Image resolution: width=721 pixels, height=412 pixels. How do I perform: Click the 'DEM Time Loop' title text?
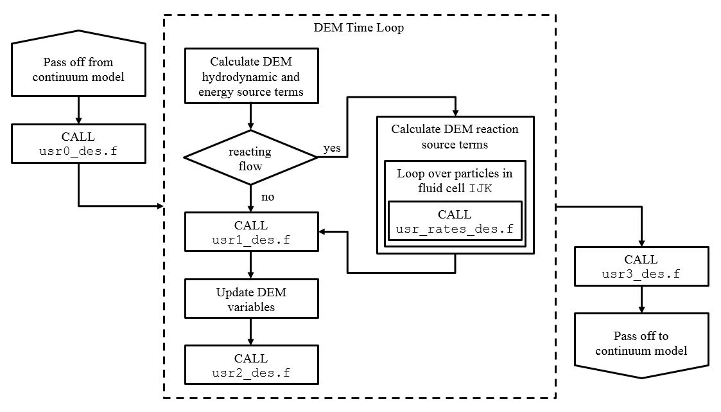(358, 28)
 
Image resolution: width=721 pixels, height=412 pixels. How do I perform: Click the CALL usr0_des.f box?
(78, 144)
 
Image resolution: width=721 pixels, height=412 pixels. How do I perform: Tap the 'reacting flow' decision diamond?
(250, 159)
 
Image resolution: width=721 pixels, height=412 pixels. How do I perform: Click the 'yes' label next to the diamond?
(332, 148)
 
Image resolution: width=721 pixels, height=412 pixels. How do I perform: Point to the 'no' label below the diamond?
(268, 197)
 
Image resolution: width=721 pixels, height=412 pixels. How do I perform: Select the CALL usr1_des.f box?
(250, 233)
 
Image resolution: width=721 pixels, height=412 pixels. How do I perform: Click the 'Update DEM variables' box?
(250, 300)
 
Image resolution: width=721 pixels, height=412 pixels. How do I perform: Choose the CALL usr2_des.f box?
(250, 365)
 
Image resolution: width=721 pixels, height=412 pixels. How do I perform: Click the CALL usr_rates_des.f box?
(455, 221)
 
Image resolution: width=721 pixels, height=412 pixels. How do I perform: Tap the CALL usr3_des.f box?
(641, 267)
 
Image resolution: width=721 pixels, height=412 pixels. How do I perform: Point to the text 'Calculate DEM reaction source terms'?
(455, 137)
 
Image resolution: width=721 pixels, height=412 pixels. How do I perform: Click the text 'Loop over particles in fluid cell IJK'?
(455, 181)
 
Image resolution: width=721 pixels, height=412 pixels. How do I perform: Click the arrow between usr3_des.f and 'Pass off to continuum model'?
(641, 300)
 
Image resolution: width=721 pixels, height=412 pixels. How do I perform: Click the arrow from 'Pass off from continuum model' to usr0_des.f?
(78, 111)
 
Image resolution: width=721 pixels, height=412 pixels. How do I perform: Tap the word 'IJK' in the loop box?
(481, 188)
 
